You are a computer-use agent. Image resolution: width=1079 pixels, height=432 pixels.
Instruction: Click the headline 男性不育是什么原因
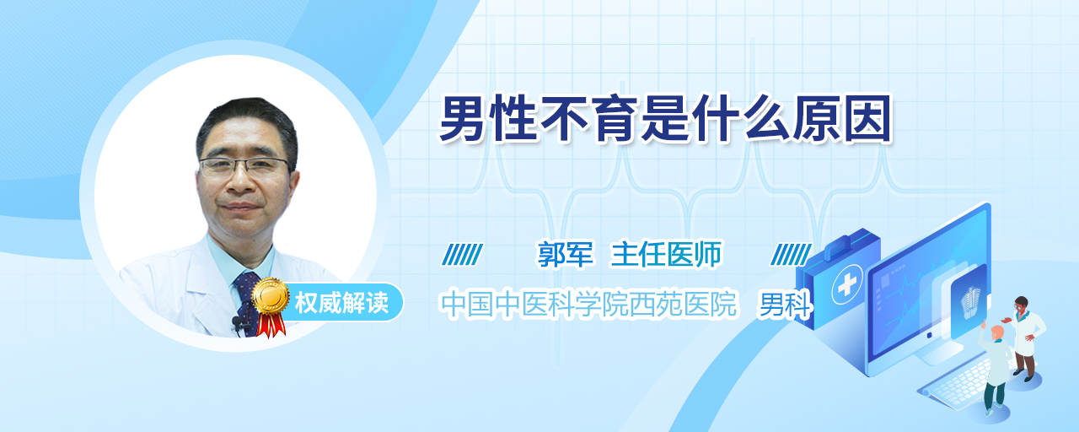click(666, 119)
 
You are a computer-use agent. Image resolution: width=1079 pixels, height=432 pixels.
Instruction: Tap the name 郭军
click(566, 254)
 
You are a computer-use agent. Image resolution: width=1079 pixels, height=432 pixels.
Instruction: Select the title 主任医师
click(667, 254)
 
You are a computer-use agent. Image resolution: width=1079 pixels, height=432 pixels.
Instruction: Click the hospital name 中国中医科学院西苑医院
click(588, 304)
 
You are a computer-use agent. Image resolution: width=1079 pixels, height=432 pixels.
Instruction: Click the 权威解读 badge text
click(341, 303)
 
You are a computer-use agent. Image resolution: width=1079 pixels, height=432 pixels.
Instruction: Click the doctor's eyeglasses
click(245, 167)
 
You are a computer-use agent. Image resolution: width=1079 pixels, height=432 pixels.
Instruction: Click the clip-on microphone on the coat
click(237, 323)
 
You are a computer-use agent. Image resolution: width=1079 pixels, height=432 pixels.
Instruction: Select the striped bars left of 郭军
click(463, 254)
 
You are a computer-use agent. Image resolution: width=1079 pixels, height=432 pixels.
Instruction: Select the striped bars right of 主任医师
click(791, 254)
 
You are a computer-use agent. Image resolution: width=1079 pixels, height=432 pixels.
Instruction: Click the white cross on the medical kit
click(847, 284)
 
